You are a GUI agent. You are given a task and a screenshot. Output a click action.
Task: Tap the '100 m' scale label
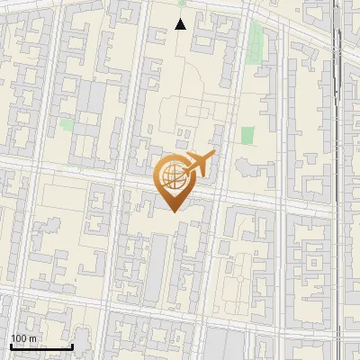pyautogui.click(x=24, y=337)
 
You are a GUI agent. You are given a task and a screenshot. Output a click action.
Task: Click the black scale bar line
pyautogui.click(x=41, y=346)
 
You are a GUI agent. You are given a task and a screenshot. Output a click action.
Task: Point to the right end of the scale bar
pyautogui.click(x=72, y=346)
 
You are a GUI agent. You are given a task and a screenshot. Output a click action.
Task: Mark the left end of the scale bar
pyautogui.click(x=11, y=346)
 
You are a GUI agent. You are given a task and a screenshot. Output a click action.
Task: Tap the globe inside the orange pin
pyautogui.click(x=171, y=175)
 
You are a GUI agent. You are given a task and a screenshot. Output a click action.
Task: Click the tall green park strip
pyautogui.click(x=257, y=40)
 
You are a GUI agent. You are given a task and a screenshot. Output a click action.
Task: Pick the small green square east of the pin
pyautogui.click(x=247, y=135)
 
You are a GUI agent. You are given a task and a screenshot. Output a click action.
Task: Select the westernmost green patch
pyautogui.click(x=66, y=124)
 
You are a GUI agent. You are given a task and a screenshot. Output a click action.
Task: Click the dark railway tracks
pyautogui.click(x=340, y=72)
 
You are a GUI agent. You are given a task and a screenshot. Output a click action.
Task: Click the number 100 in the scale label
pyautogui.click(x=19, y=337)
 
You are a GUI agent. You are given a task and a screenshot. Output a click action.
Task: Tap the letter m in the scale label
pyautogui.click(x=33, y=337)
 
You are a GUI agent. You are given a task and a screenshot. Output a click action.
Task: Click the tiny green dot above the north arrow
pyautogui.click(x=181, y=4)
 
